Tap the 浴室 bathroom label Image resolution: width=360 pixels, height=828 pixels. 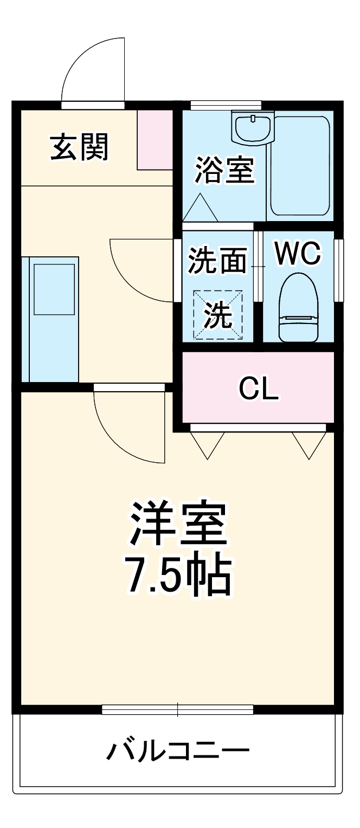pyautogui.click(x=224, y=170)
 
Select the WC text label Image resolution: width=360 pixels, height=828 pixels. pyautogui.click(x=298, y=254)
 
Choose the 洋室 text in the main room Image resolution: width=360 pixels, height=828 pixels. pyautogui.click(x=177, y=524)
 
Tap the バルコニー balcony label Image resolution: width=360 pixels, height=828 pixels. pyautogui.click(x=178, y=751)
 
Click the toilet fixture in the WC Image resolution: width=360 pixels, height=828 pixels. pyautogui.click(x=297, y=307)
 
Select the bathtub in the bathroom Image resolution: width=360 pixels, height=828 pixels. pyautogui.click(x=299, y=165)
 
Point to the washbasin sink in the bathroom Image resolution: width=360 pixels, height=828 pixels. pyautogui.click(x=252, y=128)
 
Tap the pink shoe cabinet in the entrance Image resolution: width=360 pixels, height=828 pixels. pyautogui.click(x=155, y=140)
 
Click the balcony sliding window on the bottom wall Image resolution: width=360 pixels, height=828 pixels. pyautogui.click(x=178, y=709)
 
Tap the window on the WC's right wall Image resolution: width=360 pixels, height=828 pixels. pyautogui.click(x=339, y=270)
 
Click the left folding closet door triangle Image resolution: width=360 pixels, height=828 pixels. pyautogui.click(x=208, y=444)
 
